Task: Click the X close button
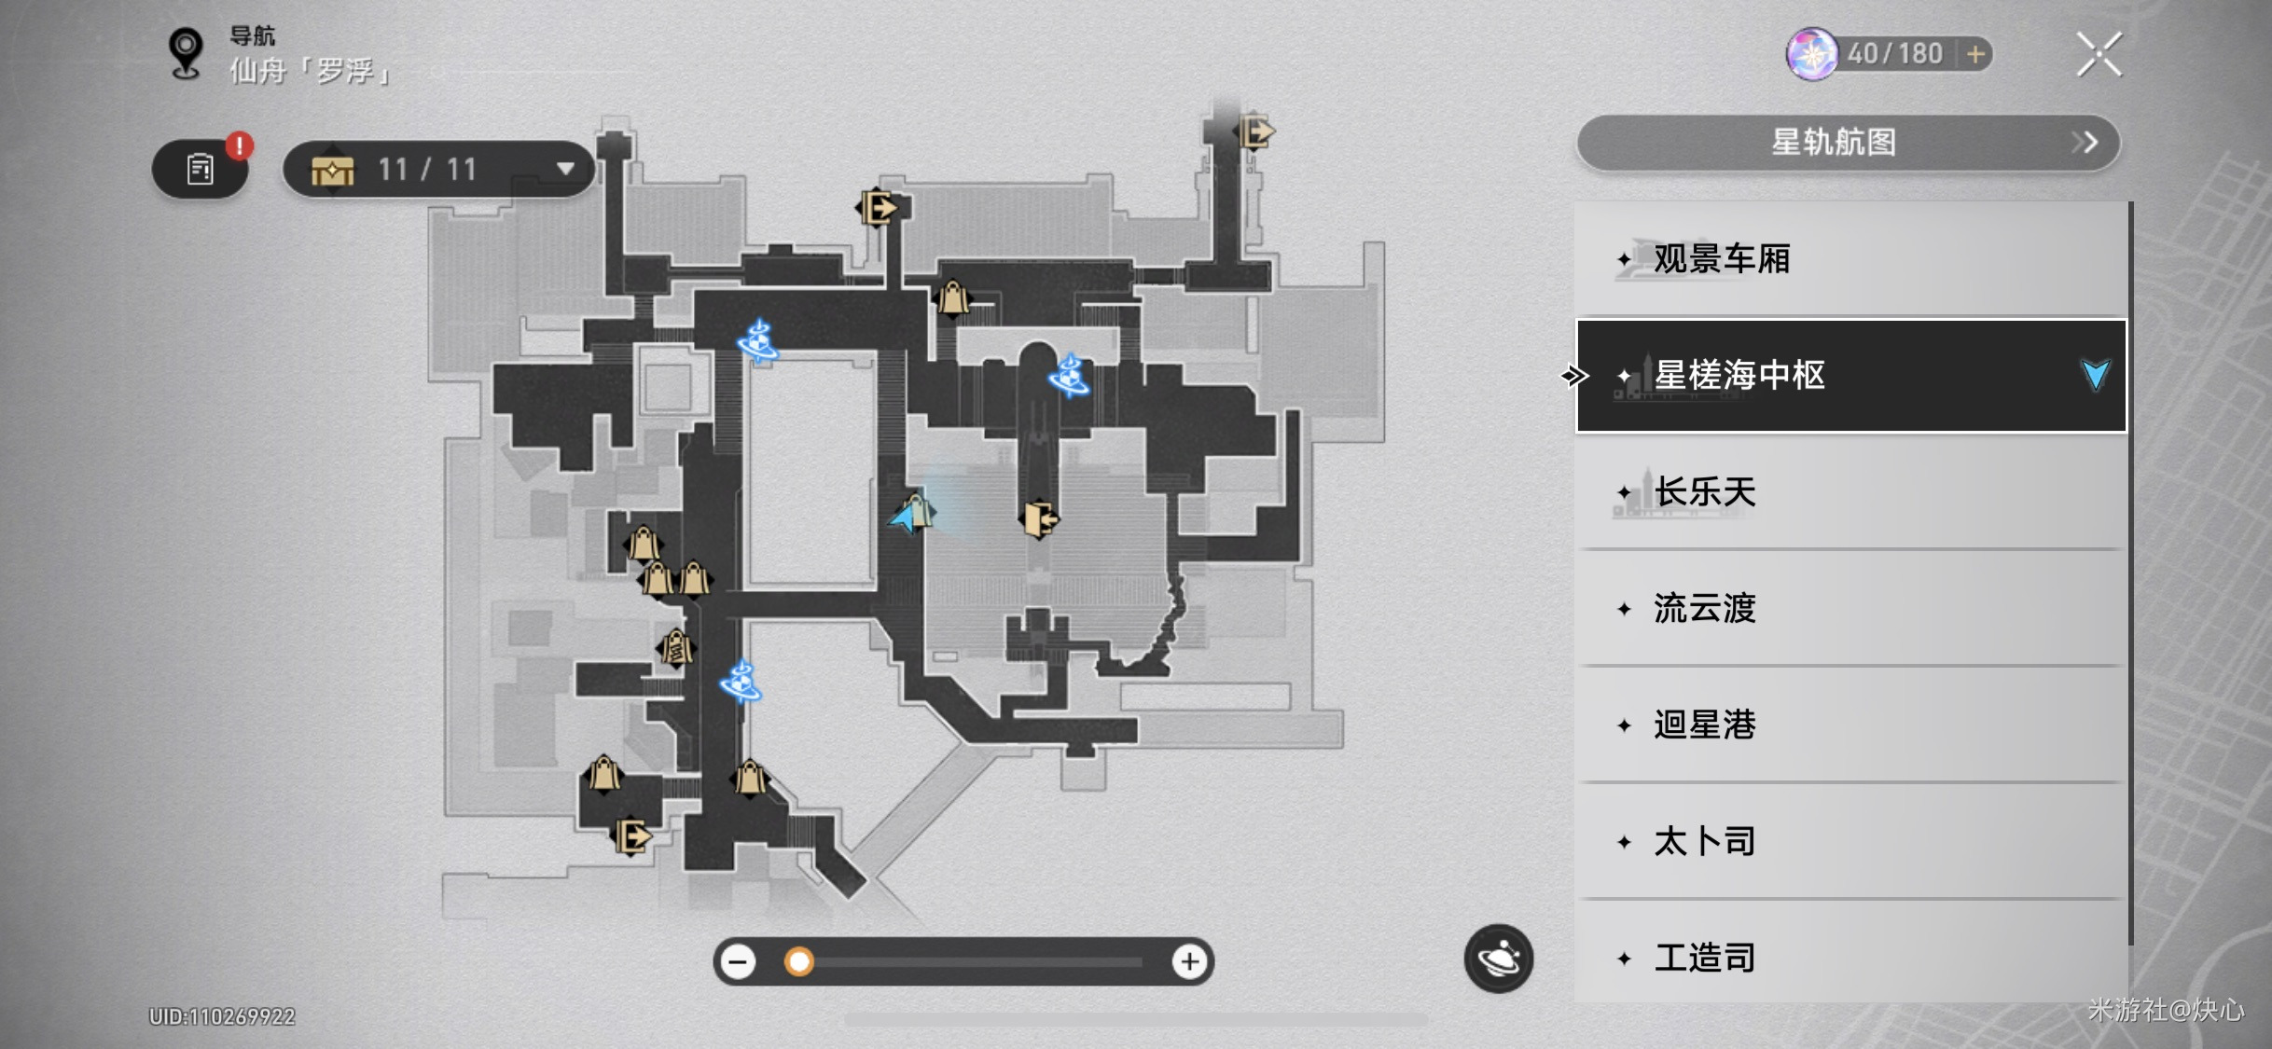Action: point(2099,54)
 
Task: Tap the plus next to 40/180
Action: point(1975,54)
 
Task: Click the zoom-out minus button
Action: point(738,961)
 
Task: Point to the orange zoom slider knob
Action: point(798,961)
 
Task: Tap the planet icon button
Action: point(1499,958)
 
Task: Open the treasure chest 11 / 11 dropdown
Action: point(438,170)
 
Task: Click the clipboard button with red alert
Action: point(200,169)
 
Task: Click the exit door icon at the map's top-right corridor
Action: point(1256,131)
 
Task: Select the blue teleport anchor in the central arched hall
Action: point(1069,376)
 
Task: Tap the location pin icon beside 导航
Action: point(186,53)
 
